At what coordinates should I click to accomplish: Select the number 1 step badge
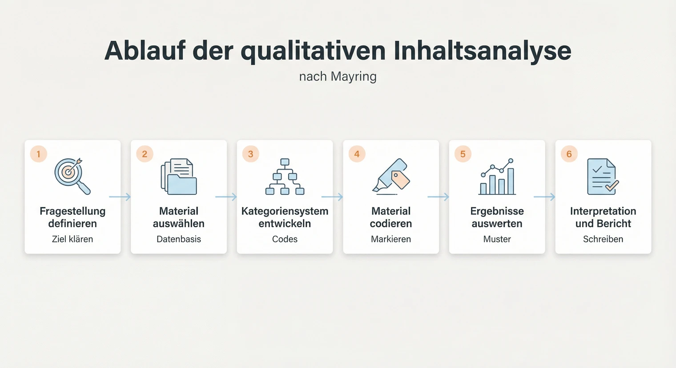pos(39,154)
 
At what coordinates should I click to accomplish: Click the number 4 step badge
pos(357,154)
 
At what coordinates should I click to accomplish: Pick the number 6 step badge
pos(569,154)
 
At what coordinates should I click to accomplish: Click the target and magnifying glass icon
pos(72,176)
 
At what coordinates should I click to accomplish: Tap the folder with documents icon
pos(179,177)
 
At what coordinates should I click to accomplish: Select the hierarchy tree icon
pos(285,177)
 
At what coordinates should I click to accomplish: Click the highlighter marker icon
pos(391,176)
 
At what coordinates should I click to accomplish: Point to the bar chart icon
pos(497,177)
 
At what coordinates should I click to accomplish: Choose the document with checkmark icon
pos(603,177)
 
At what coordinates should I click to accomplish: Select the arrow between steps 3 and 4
pos(332,197)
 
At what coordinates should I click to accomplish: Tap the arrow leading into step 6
pos(544,197)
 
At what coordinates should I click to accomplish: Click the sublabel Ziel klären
pos(72,239)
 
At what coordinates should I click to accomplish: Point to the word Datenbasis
pos(179,239)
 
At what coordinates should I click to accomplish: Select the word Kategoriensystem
pos(285,211)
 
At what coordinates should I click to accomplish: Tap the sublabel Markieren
pos(391,239)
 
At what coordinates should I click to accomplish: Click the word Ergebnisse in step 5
pos(497,211)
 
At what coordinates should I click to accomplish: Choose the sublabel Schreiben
pos(603,239)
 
